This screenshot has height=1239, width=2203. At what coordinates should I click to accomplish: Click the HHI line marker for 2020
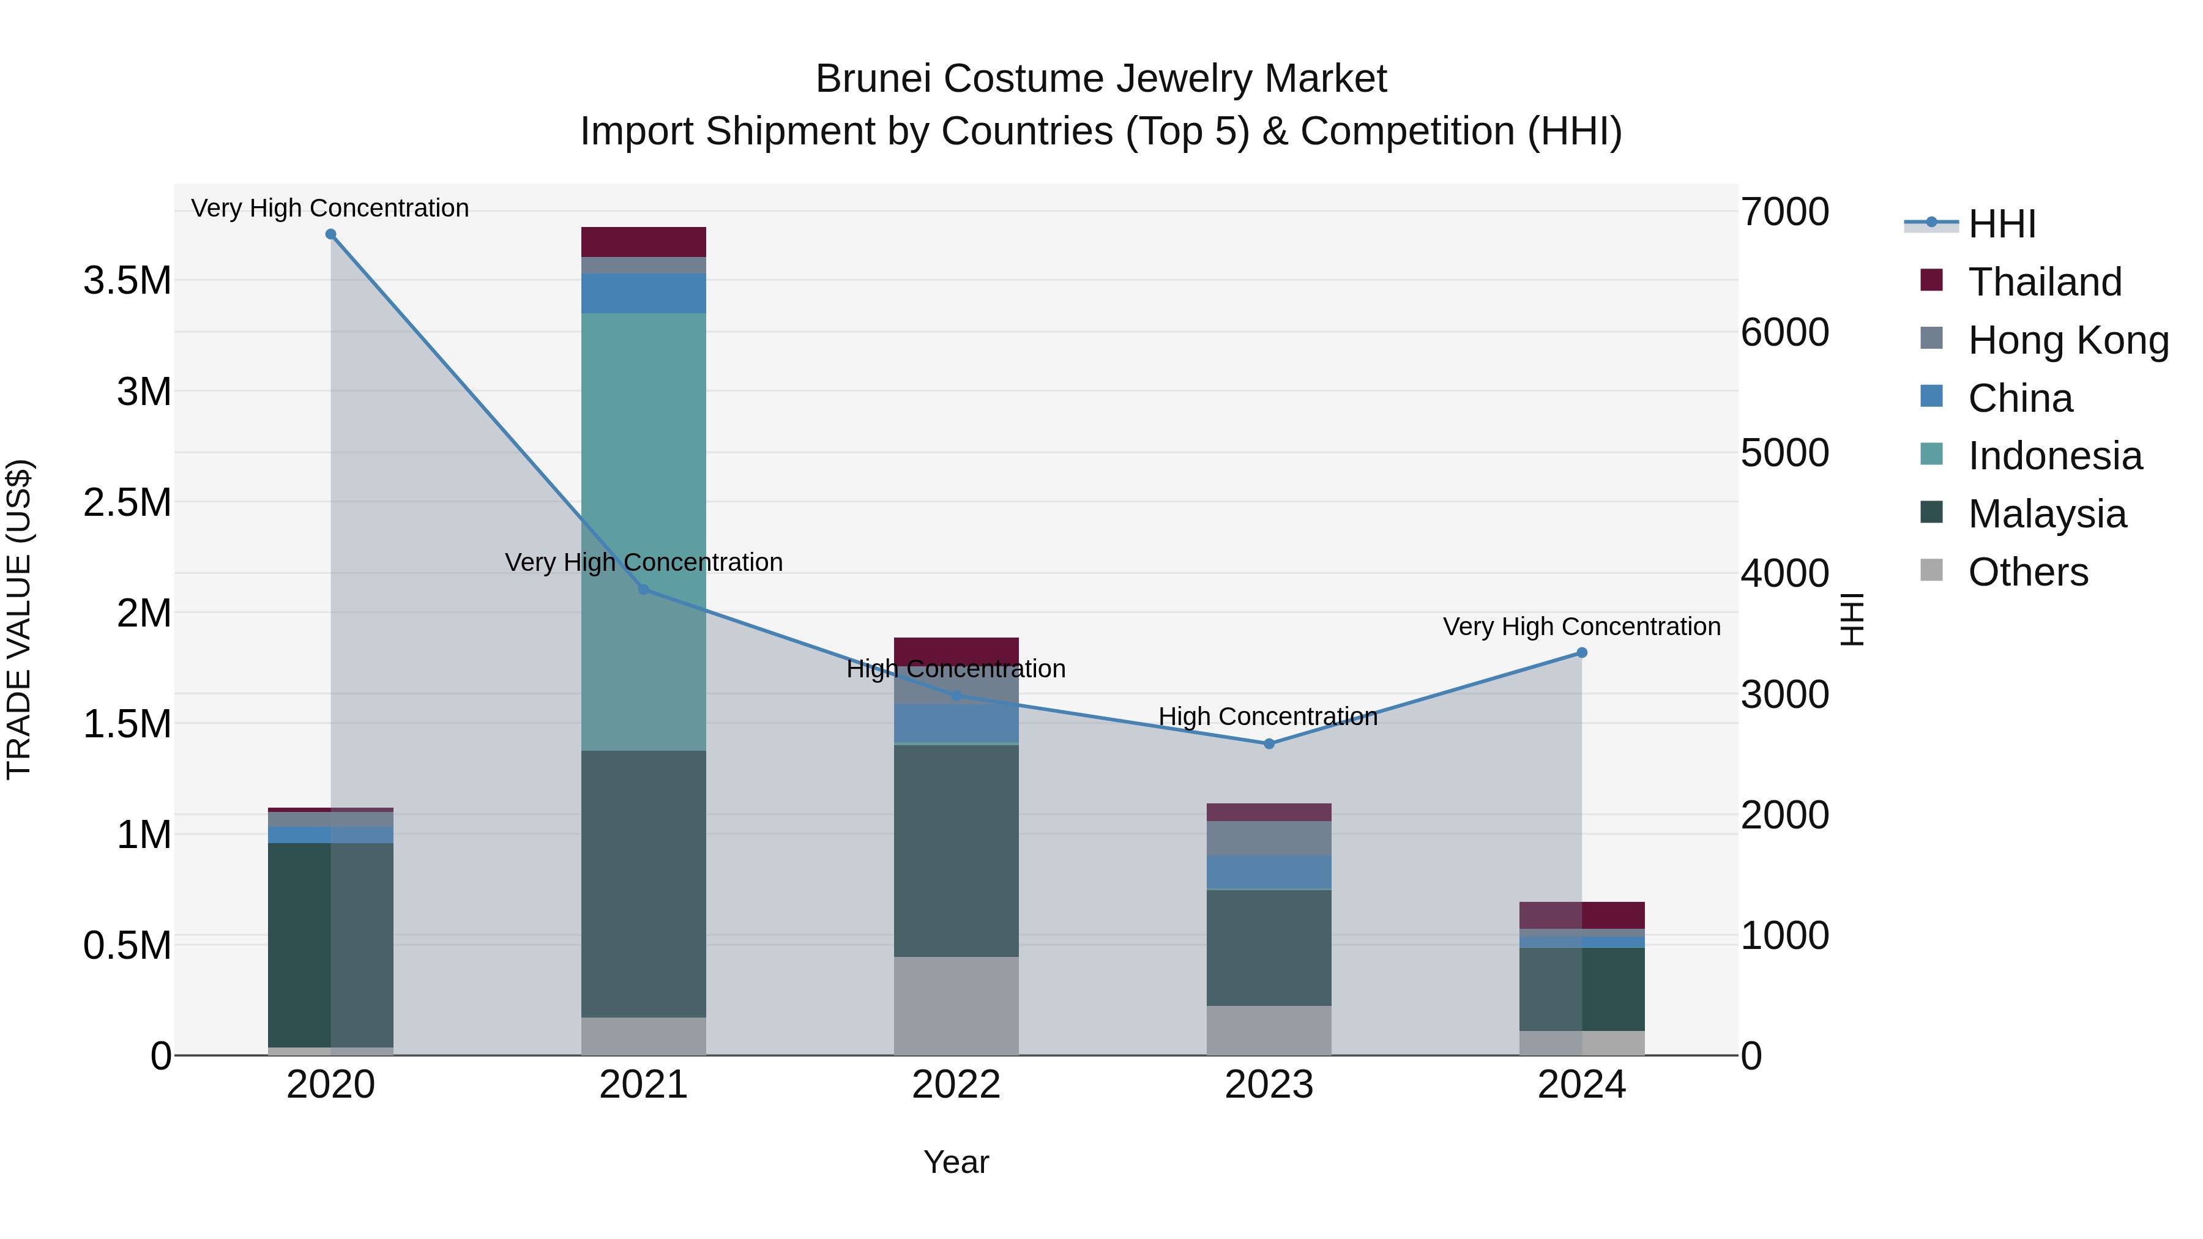point(331,234)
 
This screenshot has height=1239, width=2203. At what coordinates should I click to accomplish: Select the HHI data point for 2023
point(1269,744)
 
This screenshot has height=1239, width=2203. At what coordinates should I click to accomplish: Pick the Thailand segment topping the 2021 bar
point(643,242)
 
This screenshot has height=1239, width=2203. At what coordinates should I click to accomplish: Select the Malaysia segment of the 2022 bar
point(956,851)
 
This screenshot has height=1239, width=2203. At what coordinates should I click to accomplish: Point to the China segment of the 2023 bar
point(1269,872)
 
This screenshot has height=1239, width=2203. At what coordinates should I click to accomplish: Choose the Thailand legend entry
point(2044,282)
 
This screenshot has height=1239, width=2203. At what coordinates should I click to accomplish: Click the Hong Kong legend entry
point(2067,340)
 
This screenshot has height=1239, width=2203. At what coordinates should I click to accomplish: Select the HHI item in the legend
point(2001,224)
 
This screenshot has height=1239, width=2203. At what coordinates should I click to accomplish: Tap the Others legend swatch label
point(2027,572)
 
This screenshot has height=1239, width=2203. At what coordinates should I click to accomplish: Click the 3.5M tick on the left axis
point(127,280)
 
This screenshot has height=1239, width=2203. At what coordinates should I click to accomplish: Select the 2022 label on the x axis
point(956,1085)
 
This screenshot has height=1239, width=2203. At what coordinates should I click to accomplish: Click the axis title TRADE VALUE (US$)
point(19,619)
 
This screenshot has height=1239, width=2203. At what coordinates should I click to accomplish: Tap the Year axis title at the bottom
point(956,1162)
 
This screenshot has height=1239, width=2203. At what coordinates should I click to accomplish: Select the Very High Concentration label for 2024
point(1581,627)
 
